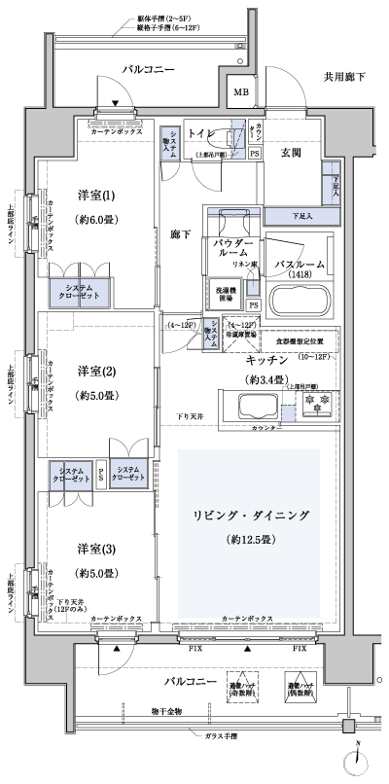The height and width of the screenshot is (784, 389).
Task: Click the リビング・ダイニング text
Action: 248,512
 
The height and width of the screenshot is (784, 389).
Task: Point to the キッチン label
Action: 265,359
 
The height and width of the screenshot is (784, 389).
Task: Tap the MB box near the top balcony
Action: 240,94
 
